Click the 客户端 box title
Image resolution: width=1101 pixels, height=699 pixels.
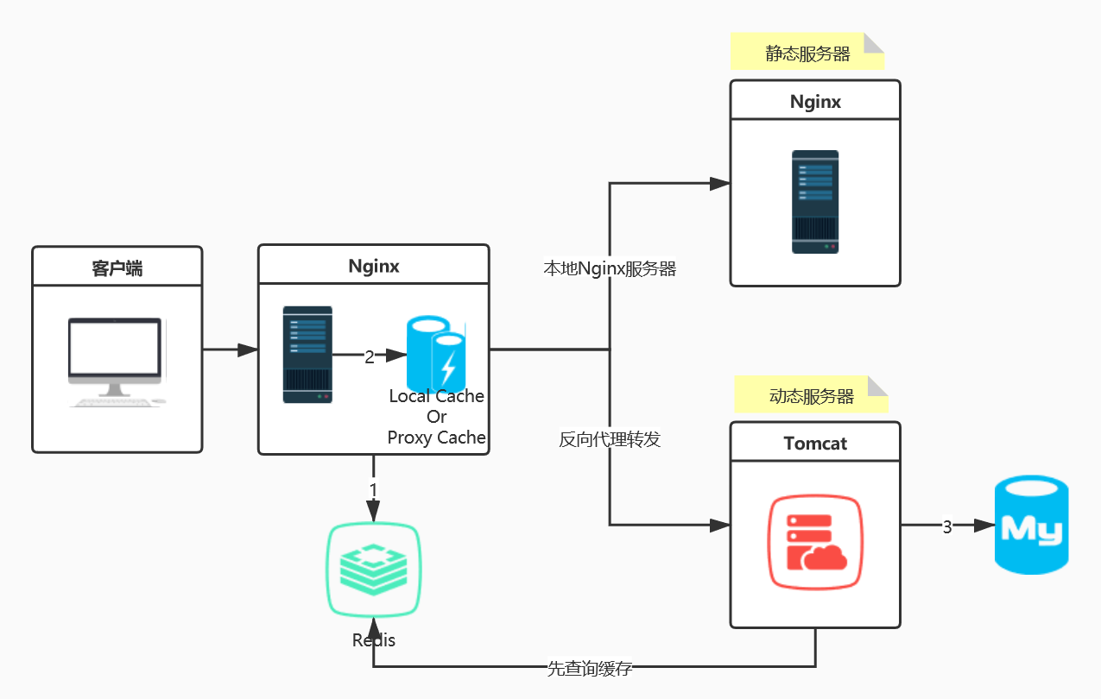click(x=117, y=268)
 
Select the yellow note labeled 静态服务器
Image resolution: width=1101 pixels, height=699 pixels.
click(x=807, y=54)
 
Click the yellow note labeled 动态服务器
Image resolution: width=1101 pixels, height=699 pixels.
click(x=811, y=396)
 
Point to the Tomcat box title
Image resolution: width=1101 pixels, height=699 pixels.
click(x=815, y=444)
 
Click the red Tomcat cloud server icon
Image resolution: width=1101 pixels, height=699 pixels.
click(x=815, y=543)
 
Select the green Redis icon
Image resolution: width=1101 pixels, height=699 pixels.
click(x=374, y=570)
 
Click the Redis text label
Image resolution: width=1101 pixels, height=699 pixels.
click(x=374, y=640)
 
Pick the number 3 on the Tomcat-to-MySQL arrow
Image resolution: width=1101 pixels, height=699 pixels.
click(x=946, y=526)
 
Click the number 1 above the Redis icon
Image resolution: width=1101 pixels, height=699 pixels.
click(x=373, y=489)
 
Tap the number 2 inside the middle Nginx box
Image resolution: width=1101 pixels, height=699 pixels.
click(x=370, y=356)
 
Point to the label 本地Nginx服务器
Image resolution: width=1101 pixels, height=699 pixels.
click(x=609, y=268)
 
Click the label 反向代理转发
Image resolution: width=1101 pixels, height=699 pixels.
click(x=609, y=439)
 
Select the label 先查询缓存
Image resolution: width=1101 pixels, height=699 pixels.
click(x=590, y=668)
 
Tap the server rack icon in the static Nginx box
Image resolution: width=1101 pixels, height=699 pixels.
click(x=815, y=202)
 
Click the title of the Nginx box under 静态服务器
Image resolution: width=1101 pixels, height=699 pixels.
click(x=815, y=102)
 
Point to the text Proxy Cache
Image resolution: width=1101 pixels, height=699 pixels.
click(x=436, y=438)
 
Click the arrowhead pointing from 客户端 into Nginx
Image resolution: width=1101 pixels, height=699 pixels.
click(x=248, y=349)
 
